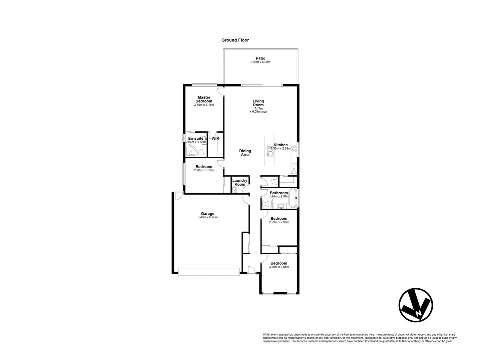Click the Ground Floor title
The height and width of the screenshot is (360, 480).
[x=235, y=40]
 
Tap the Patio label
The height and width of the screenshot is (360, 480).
[x=260, y=58]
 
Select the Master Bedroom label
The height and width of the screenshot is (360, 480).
[x=204, y=99]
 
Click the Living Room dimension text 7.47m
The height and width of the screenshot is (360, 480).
[x=258, y=108]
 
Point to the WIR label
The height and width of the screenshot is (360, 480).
[x=215, y=138]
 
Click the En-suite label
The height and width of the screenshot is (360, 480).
[x=195, y=138]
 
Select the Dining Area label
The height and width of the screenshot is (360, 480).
[x=245, y=153]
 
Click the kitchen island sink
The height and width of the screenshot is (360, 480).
[x=270, y=152]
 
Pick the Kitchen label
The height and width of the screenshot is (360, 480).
[x=281, y=145]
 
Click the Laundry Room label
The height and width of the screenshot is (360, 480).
[x=240, y=182]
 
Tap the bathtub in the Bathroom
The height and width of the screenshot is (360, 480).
[x=293, y=198]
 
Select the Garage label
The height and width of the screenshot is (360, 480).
[x=207, y=214]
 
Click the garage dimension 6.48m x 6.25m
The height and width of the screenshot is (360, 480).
[x=207, y=217]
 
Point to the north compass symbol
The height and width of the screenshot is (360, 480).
[x=416, y=305]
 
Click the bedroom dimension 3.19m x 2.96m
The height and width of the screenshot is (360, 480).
[x=279, y=267]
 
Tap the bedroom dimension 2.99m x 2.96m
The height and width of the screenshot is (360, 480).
[x=279, y=222]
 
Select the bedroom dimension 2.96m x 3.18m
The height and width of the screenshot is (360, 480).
[x=204, y=170]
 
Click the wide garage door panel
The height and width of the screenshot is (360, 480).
[x=209, y=272]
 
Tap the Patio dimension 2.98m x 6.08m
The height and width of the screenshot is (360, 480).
[x=260, y=62]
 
